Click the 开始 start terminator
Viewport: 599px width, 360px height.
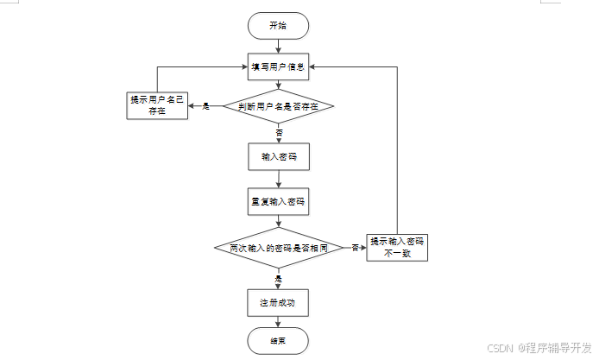pos(278,26)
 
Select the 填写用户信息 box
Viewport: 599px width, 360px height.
pos(278,66)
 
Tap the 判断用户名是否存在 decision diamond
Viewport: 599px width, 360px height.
pos(278,107)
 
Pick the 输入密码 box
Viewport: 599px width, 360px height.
pos(278,157)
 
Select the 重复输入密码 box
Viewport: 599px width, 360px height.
pos(278,203)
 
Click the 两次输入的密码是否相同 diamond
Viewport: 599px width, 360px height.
pos(278,249)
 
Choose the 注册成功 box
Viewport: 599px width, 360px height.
pos(278,303)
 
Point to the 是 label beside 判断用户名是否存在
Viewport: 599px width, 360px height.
pos(206,106)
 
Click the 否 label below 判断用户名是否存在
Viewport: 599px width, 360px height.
pos(279,133)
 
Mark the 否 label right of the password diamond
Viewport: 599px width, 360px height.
pos(355,249)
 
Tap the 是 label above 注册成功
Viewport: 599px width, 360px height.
pos(279,280)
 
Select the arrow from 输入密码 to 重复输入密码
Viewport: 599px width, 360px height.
pos(278,180)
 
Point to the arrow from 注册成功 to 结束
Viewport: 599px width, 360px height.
pos(278,322)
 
